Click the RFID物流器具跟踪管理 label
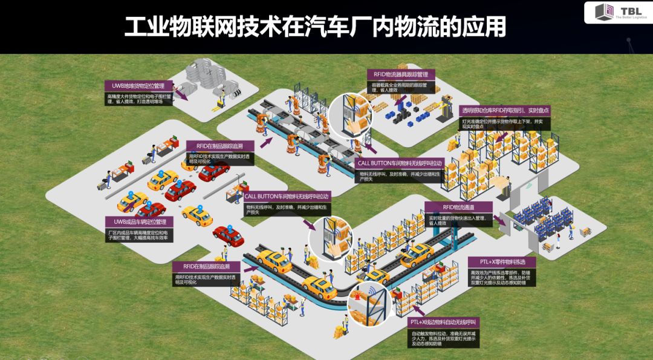[400, 74]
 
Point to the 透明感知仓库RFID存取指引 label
[505, 111]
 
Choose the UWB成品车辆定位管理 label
[139, 221]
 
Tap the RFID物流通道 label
[458, 207]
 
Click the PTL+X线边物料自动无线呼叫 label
[444, 322]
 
